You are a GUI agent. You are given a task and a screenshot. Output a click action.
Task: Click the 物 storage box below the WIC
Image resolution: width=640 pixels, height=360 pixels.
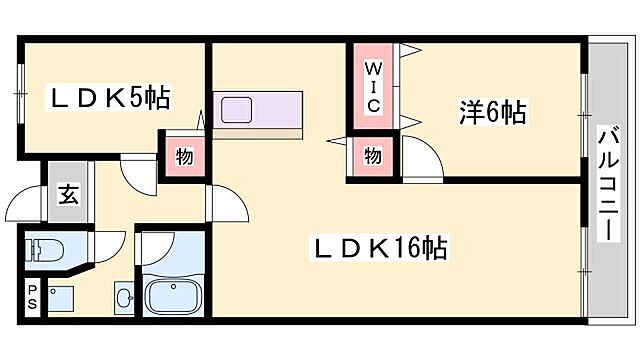372,156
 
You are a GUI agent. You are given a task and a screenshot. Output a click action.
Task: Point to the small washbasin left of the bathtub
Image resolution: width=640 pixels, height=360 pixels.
123,296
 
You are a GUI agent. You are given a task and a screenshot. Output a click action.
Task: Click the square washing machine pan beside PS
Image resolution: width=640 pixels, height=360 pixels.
63,297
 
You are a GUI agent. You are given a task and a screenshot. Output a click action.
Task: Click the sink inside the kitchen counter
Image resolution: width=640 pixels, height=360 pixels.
238,109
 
